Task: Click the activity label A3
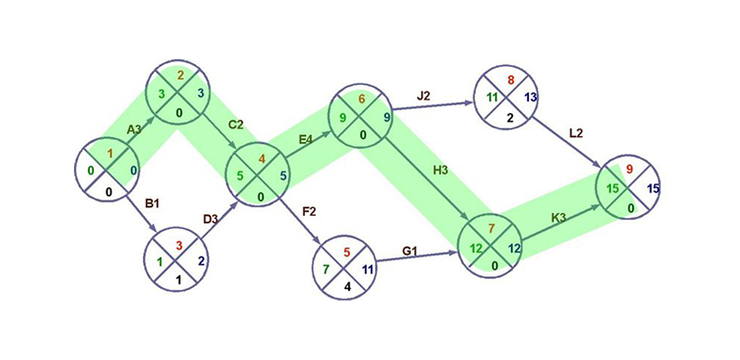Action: coord(133,129)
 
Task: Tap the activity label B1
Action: coord(152,203)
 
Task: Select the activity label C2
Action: coord(235,125)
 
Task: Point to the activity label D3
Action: coord(209,218)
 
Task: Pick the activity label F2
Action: coord(309,210)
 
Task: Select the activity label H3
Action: coord(440,171)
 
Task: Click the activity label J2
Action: coord(423,96)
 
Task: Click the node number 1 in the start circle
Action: coord(111,154)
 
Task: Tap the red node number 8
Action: coord(509,80)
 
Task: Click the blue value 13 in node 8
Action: coord(531,97)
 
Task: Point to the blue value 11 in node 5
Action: coord(367,269)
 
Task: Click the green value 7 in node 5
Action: coord(327,269)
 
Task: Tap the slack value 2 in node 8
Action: coord(509,116)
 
